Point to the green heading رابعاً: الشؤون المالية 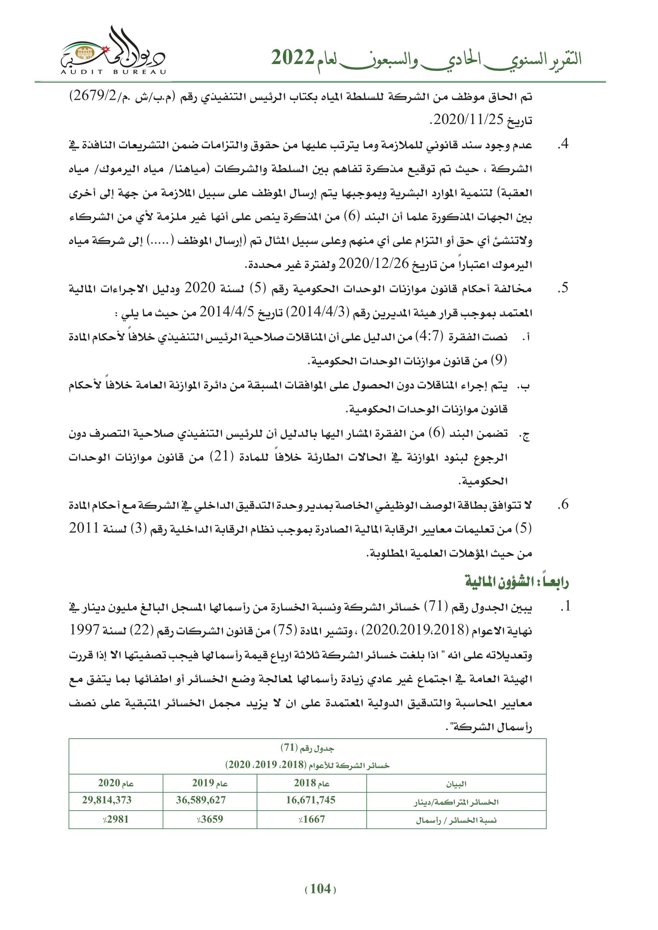coord(517,582)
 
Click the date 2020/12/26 coord(374,264)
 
